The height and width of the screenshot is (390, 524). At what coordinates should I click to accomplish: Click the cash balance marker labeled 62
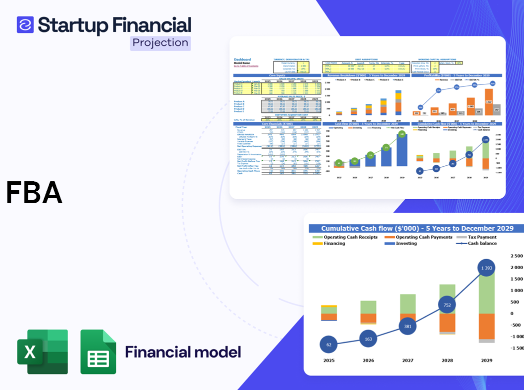tap(328, 345)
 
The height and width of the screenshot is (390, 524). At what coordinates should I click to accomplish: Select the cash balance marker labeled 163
tap(368, 339)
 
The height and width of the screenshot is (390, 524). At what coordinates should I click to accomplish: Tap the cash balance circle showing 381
tap(407, 326)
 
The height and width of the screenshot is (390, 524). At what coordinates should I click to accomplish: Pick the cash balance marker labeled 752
tap(447, 305)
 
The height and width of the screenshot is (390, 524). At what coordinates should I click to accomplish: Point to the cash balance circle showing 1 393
tap(486, 268)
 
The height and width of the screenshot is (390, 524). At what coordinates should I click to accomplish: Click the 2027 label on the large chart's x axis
tap(407, 360)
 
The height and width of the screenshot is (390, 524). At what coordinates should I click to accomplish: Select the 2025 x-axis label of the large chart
tap(328, 360)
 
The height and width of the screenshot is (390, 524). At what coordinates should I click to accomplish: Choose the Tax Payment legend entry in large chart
tap(482, 237)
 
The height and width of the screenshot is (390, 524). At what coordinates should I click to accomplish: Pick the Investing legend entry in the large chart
tap(406, 243)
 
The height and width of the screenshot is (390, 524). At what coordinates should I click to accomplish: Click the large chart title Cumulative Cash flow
tap(417, 228)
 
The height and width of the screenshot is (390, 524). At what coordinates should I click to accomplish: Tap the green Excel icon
tap(42, 352)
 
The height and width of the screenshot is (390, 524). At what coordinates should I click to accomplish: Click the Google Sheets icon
tap(98, 352)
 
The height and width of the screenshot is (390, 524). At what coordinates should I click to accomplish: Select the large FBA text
tap(34, 193)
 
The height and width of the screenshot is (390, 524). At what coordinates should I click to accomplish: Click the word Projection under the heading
tap(160, 43)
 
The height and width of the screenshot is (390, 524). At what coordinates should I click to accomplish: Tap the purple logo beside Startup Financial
tap(25, 24)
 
